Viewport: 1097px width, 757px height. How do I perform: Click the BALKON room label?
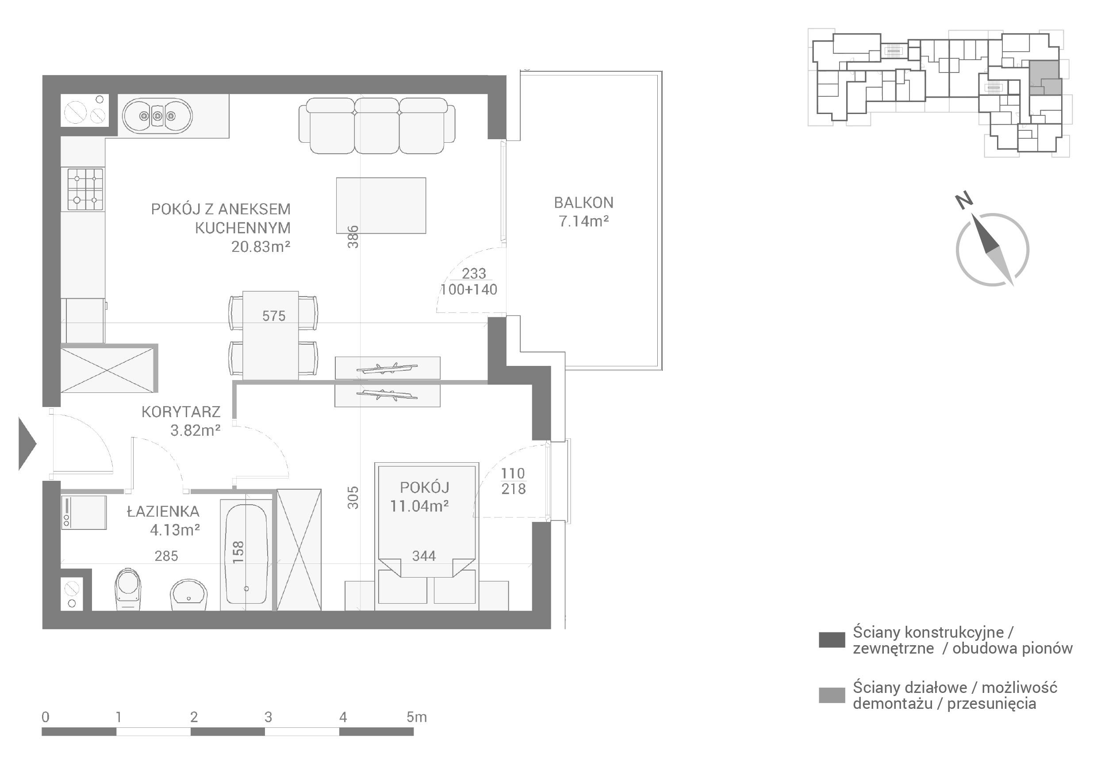(583, 203)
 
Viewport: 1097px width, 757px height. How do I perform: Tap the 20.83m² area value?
(261, 247)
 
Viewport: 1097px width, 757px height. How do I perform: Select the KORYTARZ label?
(181, 412)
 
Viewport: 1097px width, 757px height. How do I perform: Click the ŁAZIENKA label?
(163, 511)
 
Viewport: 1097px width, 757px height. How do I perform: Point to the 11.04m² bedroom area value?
(420, 506)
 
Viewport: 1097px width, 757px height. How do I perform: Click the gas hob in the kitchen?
(85, 189)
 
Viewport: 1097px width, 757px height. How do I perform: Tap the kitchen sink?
(157, 115)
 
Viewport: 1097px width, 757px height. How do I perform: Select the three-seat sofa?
(377, 126)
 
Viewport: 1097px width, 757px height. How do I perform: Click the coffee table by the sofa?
(381, 205)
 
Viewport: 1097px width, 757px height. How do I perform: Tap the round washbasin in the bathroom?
(188, 595)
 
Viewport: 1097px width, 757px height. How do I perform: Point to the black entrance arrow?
(27, 444)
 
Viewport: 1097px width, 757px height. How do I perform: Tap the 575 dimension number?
(274, 316)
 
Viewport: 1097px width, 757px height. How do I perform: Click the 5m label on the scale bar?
(417, 717)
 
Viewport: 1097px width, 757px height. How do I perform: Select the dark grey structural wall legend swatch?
(832, 639)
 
